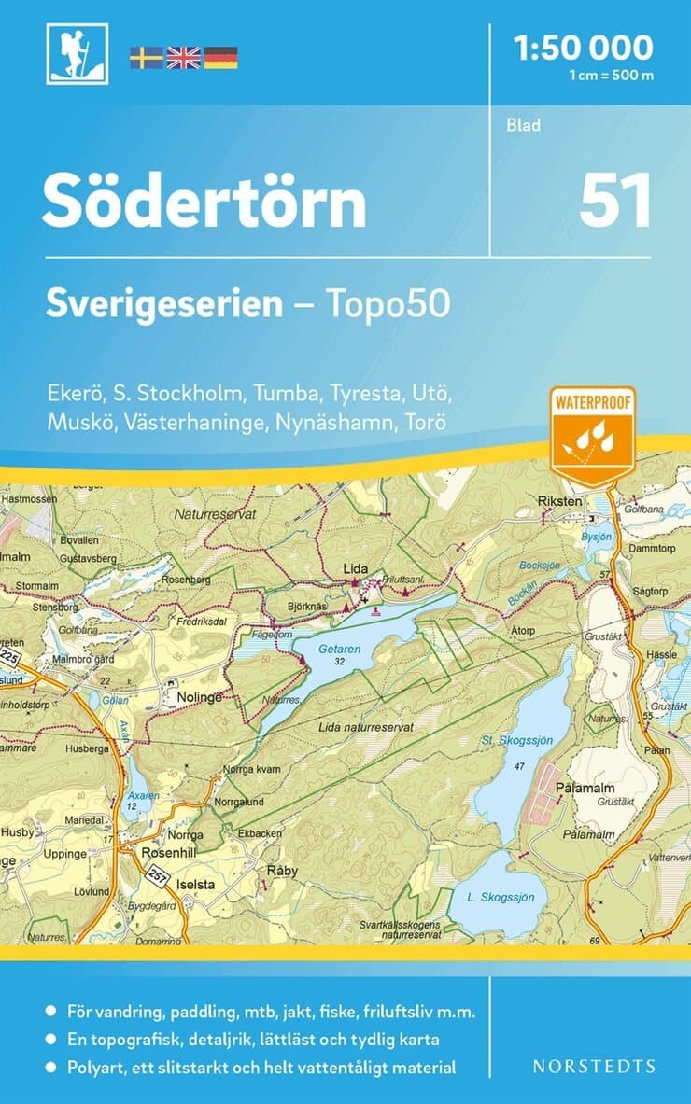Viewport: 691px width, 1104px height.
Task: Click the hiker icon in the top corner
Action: coord(78,54)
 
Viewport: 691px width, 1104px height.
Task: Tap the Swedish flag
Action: coord(146,58)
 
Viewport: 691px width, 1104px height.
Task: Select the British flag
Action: coord(183,58)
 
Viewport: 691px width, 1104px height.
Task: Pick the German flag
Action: coord(220,58)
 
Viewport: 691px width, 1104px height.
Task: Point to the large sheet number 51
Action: coord(614,202)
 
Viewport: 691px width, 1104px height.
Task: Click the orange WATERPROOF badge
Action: coord(592,435)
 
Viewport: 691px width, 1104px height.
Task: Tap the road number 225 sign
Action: coord(11,658)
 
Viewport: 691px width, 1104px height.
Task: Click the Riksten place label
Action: coord(560,501)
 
